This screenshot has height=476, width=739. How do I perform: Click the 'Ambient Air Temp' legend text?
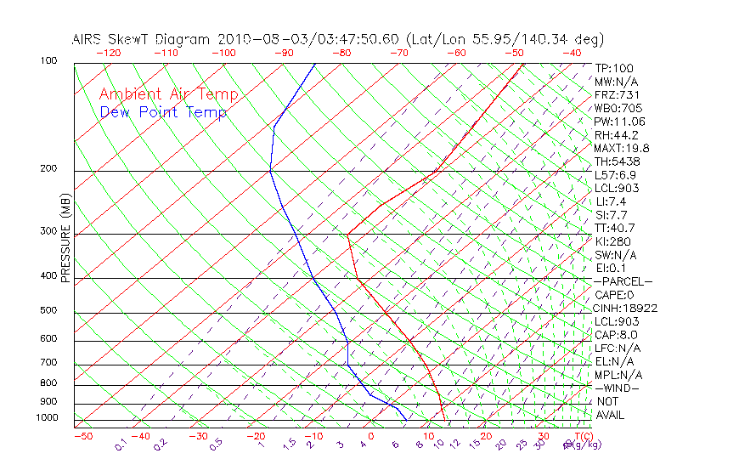(168, 94)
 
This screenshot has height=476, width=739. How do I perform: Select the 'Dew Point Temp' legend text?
(163, 112)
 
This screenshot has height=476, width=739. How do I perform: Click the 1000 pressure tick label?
(48, 418)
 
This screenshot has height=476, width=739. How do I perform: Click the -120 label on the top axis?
(108, 53)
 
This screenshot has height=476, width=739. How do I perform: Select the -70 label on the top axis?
(398, 53)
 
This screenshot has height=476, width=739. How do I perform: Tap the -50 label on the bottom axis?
(82, 436)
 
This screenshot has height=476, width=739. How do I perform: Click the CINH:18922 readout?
(626, 308)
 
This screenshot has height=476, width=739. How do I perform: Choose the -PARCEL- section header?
(623, 281)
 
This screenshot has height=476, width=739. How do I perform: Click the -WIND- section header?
(618, 388)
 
